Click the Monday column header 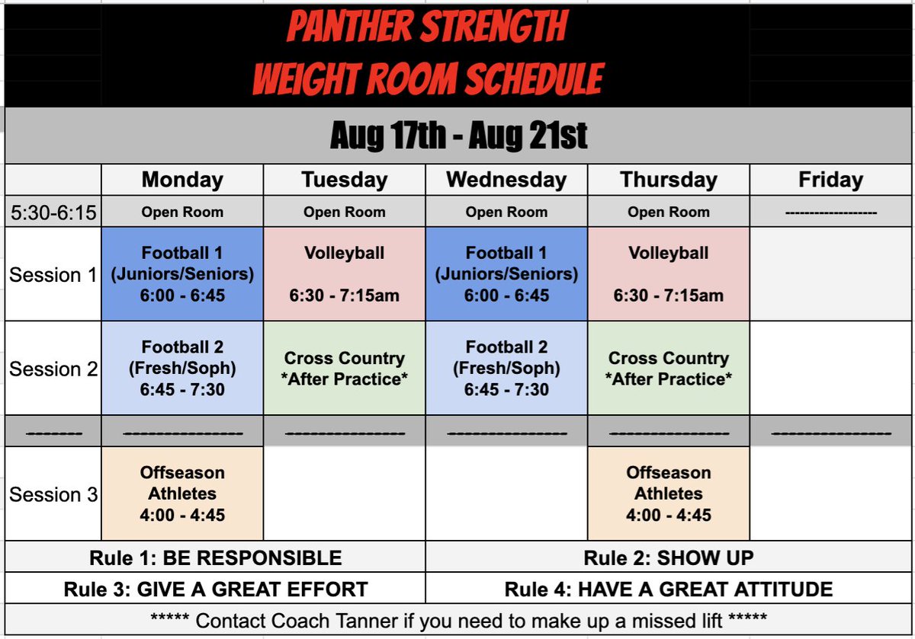182,181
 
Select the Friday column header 830,181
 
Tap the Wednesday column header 506,181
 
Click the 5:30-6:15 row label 53,212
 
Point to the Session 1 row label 53,275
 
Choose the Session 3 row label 53,494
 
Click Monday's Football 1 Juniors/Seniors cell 182,274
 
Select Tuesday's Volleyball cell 344,274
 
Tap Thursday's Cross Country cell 669,368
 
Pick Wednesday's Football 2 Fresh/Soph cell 506,368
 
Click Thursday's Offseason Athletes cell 669,494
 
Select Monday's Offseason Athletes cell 182,494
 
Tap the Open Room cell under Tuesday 344,212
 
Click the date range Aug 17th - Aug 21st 458,136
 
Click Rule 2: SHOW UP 669,558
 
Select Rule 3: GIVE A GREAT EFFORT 215,589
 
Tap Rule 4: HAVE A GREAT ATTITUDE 669,589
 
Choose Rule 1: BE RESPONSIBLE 215,558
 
